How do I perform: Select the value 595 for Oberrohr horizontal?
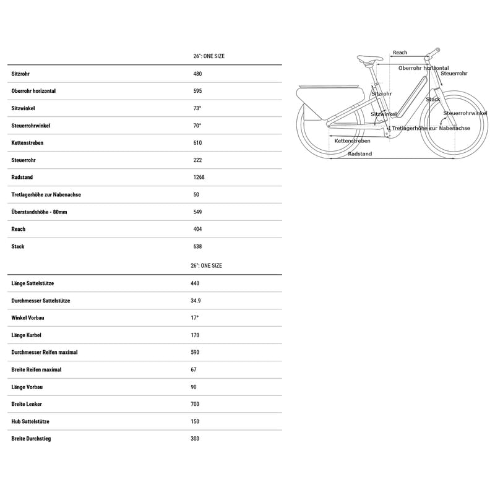tap(198, 91)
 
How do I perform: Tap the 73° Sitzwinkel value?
tap(197, 108)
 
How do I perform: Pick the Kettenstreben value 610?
tap(198, 143)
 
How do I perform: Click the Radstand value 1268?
tap(199, 178)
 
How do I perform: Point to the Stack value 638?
tap(198, 246)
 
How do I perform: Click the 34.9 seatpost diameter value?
tap(196, 301)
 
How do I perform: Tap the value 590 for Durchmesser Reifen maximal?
tap(196, 352)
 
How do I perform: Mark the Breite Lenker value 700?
tap(196, 404)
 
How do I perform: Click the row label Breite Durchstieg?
tap(32, 439)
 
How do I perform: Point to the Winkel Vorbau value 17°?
tap(195, 318)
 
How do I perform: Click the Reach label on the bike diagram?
tap(400, 53)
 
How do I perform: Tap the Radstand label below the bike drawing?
tap(359, 154)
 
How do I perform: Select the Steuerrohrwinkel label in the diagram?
tap(465, 113)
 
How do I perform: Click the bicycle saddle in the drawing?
tap(369, 60)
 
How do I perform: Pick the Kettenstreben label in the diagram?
tap(352, 141)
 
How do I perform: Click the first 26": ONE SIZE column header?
tap(209, 56)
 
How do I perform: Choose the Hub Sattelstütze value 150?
tap(196, 421)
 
